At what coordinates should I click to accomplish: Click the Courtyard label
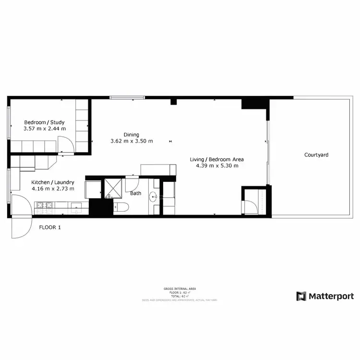coord(316,155)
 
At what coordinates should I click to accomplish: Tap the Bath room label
coord(136,193)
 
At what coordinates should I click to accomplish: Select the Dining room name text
coord(131,135)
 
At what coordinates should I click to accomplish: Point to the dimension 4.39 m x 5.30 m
coord(217,166)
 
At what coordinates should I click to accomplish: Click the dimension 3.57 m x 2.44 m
coord(44,129)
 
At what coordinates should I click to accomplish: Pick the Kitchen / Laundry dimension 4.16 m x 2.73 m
coord(53,189)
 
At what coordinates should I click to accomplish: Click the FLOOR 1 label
coord(50,228)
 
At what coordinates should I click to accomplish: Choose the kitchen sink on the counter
coord(77,207)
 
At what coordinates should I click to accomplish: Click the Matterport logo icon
coord(301,296)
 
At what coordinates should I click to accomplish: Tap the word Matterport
coord(332,296)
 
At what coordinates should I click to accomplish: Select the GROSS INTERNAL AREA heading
coord(180,288)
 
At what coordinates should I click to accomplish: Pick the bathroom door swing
coord(131,183)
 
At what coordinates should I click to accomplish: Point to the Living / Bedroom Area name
coord(217,159)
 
